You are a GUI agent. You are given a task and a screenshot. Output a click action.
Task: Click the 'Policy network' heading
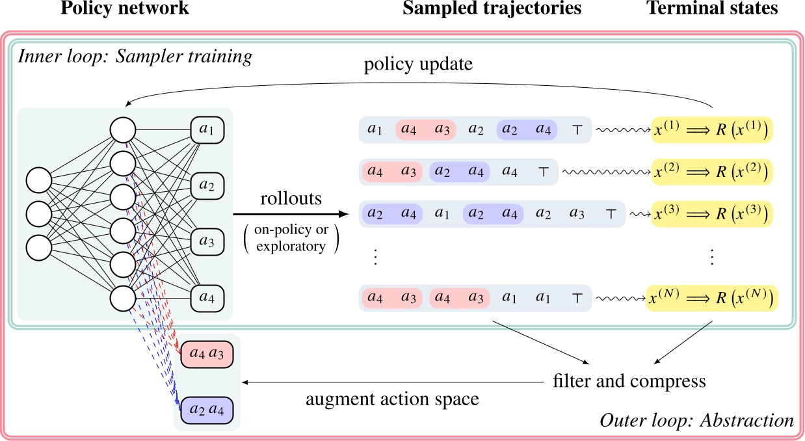point(124,9)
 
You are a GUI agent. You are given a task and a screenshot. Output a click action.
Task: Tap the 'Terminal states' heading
point(713,9)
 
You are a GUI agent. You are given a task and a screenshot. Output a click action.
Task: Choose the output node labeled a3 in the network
point(207,243)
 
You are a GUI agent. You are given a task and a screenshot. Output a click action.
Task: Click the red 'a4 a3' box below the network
point(207,354)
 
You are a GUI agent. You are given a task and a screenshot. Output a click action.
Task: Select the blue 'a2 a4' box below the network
point(207,410)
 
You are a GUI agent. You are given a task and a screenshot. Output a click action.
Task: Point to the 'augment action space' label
point(392,399)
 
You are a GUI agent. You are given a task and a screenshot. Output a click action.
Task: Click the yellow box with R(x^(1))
point(713,130)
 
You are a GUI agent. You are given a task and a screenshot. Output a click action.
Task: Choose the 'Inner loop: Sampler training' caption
point(135,57)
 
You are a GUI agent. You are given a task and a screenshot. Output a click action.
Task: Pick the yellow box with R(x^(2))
point(713,172)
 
